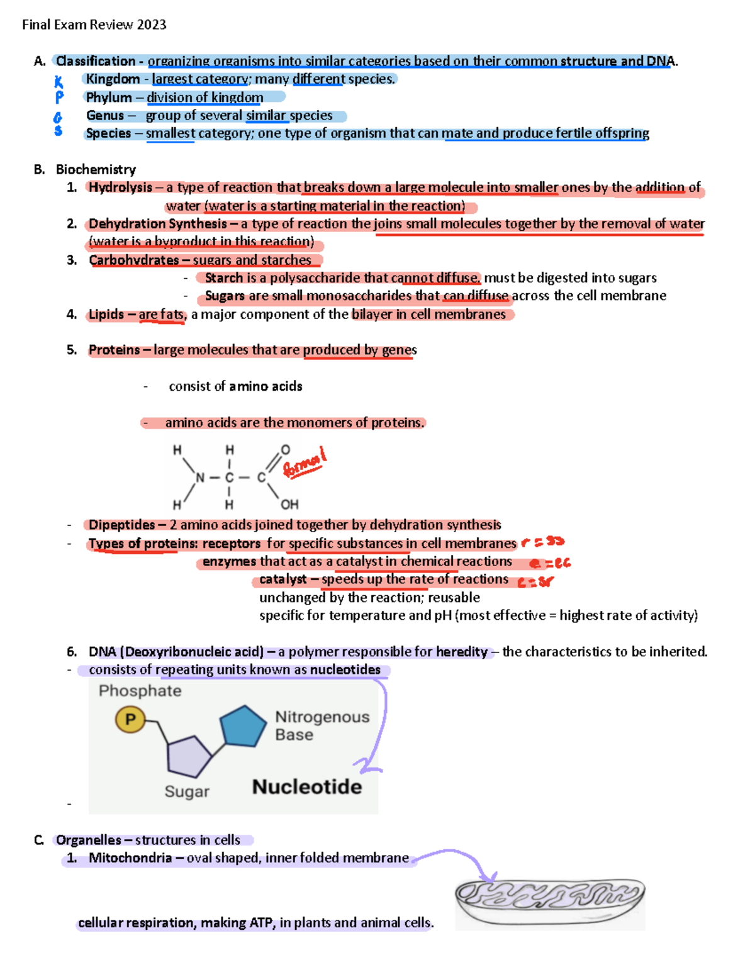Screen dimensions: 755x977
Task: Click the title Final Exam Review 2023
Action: pos(94,25)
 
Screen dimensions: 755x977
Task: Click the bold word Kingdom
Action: pos(113,79)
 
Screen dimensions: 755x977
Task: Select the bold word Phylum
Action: pos(109,98)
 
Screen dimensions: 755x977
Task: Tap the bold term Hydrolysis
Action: pos(120,187)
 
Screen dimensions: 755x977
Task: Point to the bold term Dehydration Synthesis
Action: pos(157,224)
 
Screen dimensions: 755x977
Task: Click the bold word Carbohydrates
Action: pos(133,260)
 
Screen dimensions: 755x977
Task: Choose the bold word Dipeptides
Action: pos(121,525)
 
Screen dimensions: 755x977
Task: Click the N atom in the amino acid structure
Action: pos(200,477)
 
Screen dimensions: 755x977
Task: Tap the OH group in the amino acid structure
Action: pos(289,505)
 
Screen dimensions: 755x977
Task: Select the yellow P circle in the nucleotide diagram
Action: pos(130,719)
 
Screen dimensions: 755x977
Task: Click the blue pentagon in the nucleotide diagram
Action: pos(243,727)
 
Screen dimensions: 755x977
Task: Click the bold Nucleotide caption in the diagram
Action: pos(307,786)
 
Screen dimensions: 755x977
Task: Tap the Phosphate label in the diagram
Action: pos(140,691)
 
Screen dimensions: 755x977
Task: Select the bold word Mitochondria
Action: pos(130,858)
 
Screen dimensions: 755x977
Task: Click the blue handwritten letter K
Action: pos(59,82)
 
